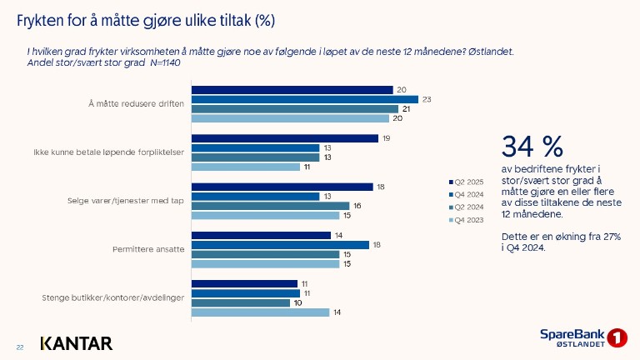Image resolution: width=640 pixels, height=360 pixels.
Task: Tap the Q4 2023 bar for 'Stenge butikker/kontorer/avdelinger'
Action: tap(261, 312)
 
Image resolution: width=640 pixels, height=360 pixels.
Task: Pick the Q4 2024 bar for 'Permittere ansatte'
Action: tap(280, 244)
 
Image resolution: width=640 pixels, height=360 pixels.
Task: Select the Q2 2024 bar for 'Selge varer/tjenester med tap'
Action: tap(270, 206)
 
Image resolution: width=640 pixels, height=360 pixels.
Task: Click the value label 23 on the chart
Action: tap(426, 99)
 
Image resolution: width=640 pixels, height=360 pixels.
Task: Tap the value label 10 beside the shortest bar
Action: tap(308, 302)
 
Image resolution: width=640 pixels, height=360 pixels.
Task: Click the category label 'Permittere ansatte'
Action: tap(142, 249)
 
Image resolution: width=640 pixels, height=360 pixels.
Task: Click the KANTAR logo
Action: tap(76, 343)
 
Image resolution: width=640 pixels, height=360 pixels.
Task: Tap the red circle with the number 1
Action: tap(617, 338)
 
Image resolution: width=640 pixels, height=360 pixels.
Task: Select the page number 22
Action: tap(20, 347)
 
